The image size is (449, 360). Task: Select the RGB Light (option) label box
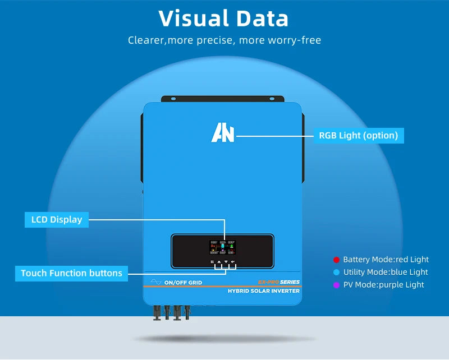pyautogui.click(x=358, y=135)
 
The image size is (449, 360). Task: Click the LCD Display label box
pyautogui.click(x=56, y=219)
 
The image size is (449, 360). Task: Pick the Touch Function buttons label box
pyautogui.click(x=71, y=273)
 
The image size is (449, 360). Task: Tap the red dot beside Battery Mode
pyautogui.click(x=336, y=260)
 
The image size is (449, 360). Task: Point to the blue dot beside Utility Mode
pyautogui.click(x=336, y=272)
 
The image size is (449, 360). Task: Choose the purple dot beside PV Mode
pyautogui.click(x=336, y=285)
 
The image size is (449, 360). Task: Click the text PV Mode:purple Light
pyautogui.click(x=383, y=285)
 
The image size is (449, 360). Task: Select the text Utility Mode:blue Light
pyautogui.click(x=386, y=272)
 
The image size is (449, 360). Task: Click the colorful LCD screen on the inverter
pyautogui.click(x=222, y=247)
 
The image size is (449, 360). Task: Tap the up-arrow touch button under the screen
pyautogui.click(x=219, y=262)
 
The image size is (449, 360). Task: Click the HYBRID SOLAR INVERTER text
pyautogui.click(x=263, y=291)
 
